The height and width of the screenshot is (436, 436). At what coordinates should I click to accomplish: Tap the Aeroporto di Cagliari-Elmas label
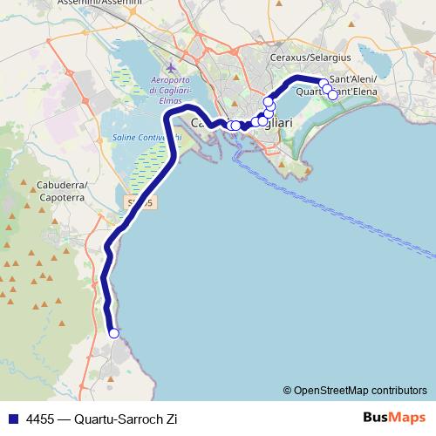tap(178, 91)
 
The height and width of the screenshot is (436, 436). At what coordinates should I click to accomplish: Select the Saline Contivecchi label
tap(146, 137)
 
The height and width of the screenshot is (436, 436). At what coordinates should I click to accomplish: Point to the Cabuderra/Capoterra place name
tap(61, 192)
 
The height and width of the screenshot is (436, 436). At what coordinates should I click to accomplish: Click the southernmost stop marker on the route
tap(113, 332)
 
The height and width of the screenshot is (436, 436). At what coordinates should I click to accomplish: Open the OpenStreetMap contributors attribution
tap(359, 390)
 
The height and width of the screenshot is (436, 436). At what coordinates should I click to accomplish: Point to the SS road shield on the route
tap(141, 202)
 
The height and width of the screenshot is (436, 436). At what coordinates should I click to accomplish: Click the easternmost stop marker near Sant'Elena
tap(332, 94)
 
